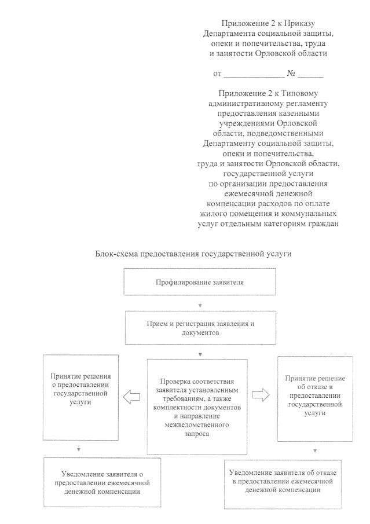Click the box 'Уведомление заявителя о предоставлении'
96,482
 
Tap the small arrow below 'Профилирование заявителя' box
200,305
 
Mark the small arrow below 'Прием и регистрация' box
200,353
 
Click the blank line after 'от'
254,75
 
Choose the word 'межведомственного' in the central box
197,424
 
